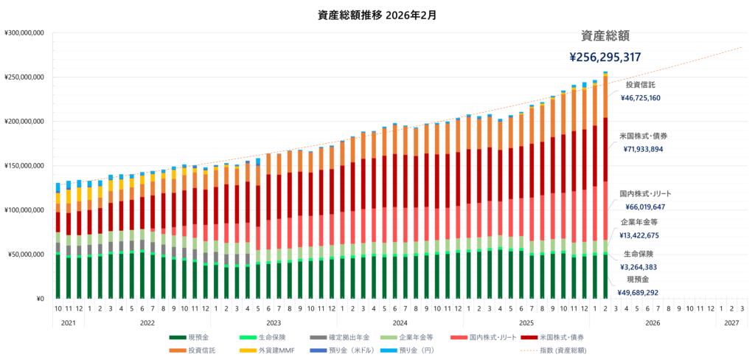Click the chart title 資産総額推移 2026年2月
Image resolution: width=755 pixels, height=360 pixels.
377,14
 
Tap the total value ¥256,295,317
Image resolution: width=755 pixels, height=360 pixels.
605,57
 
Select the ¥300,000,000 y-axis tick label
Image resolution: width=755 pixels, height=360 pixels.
25,33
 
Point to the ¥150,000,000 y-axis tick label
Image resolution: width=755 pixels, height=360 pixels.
25,166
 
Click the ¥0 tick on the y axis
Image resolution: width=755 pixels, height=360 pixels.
41,299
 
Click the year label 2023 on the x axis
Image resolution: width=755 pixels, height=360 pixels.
274,322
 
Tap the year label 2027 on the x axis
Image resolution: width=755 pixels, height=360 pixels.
731,322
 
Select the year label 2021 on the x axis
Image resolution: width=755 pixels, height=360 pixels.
68,322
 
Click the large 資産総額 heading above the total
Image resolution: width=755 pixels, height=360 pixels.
605,35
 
